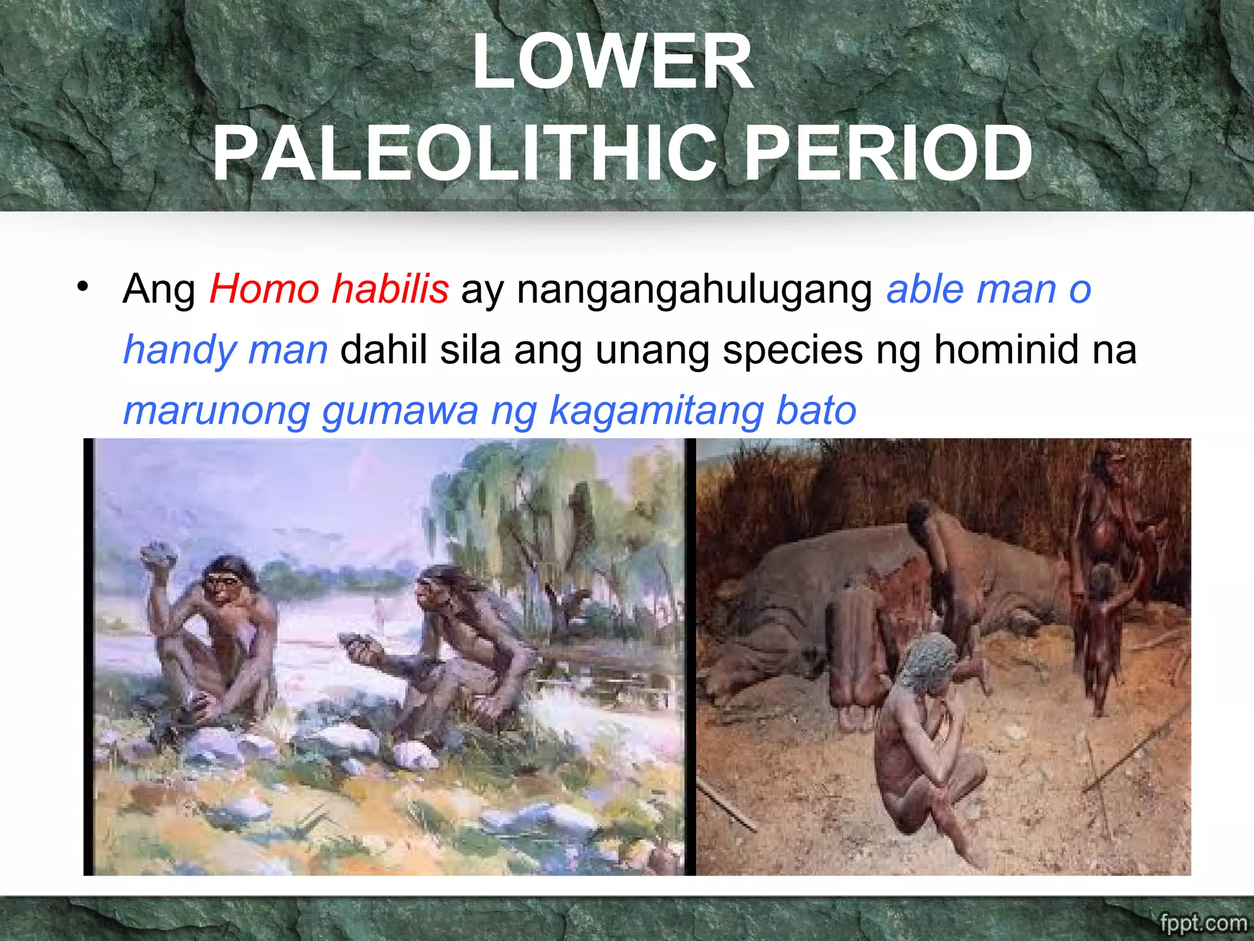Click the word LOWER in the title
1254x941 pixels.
(x=612, y=62)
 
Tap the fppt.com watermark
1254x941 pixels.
(x=1203, y=923)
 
